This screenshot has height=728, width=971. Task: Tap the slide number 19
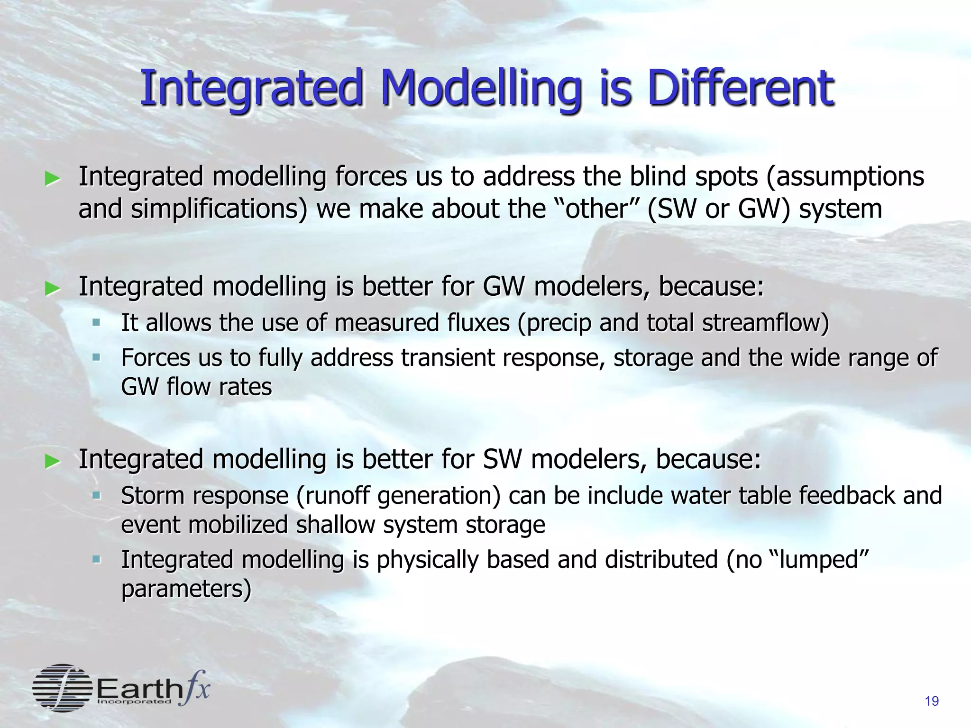(932, 701)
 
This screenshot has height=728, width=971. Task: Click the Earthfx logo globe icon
(62, 688)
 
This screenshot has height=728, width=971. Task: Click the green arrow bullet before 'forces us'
(52, 179)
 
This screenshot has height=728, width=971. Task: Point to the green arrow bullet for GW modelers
(52, 288)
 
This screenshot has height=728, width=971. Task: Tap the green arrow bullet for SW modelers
(52, 461)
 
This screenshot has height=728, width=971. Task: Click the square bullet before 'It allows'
(97, 322)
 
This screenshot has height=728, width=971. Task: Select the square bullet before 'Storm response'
(97, 495)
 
